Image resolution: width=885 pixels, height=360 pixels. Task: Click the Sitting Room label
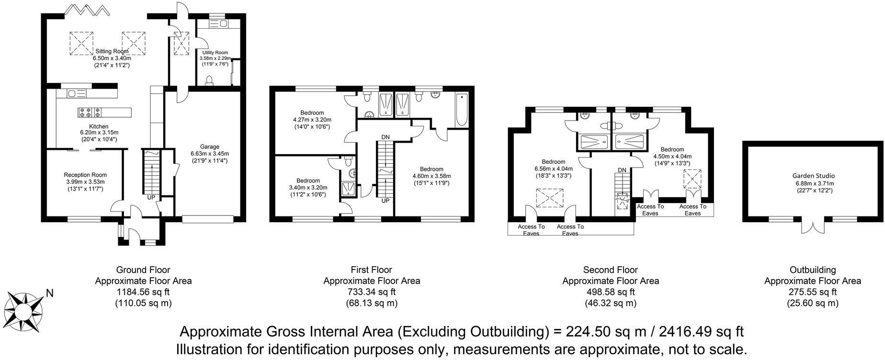coord(112,51)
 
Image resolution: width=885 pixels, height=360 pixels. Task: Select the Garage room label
coord(210,147)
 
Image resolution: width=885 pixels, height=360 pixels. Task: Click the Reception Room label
coord(85,175)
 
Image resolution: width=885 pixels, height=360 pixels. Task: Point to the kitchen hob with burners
coord(90,112)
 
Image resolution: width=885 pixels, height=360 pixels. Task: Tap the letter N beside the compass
coord(50,293)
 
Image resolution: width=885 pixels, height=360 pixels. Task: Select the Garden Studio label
coord(813,176)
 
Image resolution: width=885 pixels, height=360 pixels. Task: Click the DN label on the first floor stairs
coord(386,137)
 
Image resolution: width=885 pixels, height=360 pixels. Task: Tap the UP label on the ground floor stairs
coord(151,197)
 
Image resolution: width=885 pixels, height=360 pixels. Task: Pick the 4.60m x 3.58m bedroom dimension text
coord(431,176)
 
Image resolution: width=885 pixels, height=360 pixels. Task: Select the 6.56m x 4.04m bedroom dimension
coord(553,169)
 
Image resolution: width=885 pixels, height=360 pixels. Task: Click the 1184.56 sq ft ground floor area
coord(143,292)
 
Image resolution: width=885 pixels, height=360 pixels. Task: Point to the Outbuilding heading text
coord(812,270)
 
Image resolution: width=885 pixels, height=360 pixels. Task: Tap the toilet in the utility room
coord(209,80)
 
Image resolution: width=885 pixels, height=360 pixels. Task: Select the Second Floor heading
coord(610,270)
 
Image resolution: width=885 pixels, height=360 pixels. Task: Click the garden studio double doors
coord(813,226)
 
